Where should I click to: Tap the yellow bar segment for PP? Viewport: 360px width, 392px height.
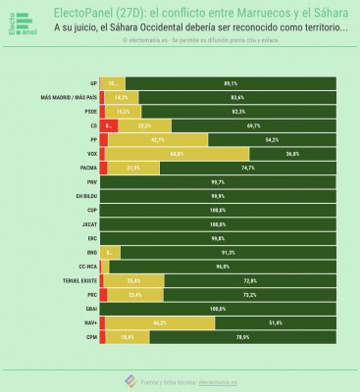[156, 140]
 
